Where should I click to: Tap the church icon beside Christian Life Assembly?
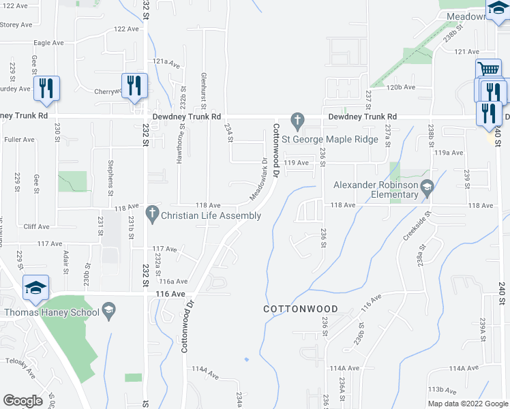coord(152,215)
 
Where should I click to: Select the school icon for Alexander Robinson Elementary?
coord(427,185)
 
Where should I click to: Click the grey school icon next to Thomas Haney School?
coord(108,312)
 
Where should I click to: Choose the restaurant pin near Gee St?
coord(46,89)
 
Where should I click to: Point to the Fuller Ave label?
coord(19,140)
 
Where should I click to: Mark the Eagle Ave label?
coord(48,42)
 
